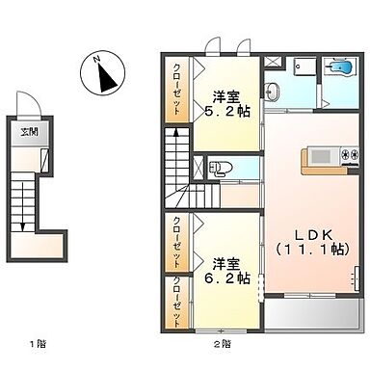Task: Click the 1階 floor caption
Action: (x=36, y=343)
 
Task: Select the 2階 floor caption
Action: (x=223, y=343)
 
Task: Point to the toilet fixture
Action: (x=217, y=167)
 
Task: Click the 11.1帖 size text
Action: (x=314, y=250)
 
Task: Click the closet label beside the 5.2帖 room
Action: (x=177, y=89)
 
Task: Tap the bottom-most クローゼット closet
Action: (x=177, y=302)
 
